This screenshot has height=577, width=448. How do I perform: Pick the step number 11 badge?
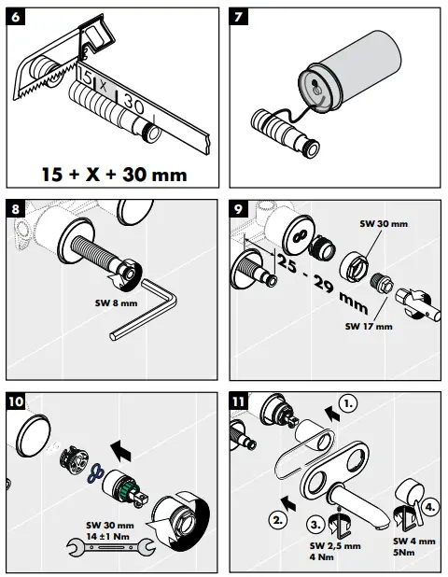coord(241,402)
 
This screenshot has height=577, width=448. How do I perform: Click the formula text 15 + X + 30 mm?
coord(115,175)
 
